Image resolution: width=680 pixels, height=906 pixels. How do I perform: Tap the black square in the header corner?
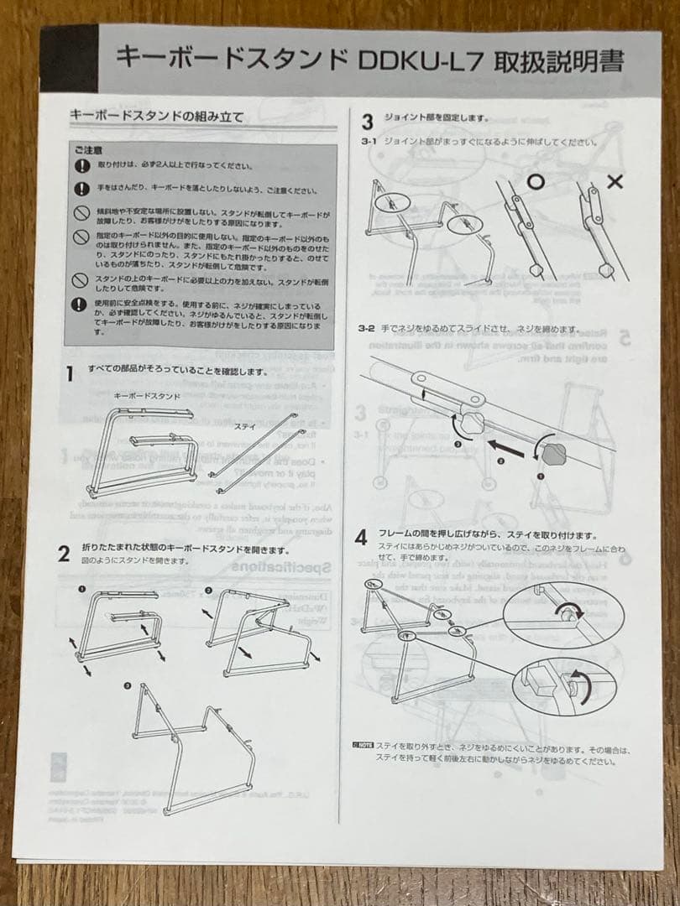point(69,59)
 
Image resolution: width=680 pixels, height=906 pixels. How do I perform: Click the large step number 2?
point(64,553)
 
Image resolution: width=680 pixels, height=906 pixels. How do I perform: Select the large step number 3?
point(367,122)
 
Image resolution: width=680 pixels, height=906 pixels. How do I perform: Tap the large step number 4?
point(361,538)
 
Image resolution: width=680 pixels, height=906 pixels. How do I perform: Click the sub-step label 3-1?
point(369,143)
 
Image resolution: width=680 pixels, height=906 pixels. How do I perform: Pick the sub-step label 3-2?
point(365,330)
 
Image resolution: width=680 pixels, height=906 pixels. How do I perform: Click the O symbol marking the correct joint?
point(535,181)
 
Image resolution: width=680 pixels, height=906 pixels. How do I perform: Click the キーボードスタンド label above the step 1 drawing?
point(147,395)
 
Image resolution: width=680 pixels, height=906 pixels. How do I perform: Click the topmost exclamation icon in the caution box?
point(81,165)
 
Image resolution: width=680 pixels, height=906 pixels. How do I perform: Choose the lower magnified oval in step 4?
point(563,684)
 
